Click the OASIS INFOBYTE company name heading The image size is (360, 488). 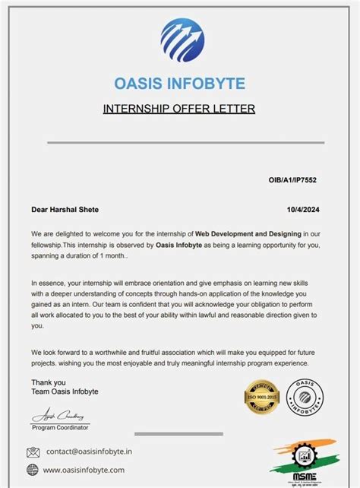179,83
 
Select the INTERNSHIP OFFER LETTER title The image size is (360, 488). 179,109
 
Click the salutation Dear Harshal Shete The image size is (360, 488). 65,209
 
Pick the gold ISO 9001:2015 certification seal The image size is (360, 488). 262,396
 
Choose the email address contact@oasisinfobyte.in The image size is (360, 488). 89,451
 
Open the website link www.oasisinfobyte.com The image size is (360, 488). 84,470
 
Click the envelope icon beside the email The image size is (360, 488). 33,452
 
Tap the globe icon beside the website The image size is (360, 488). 33,470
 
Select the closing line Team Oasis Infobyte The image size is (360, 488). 65,391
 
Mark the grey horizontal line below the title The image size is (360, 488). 179,142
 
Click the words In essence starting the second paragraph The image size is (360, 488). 48,282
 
